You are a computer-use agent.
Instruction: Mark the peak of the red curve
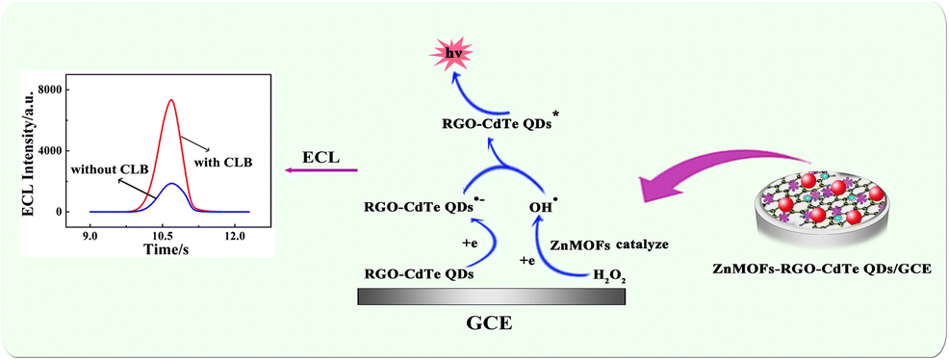170,100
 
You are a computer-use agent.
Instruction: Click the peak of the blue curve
170,183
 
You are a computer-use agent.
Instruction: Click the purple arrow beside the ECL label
319,171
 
